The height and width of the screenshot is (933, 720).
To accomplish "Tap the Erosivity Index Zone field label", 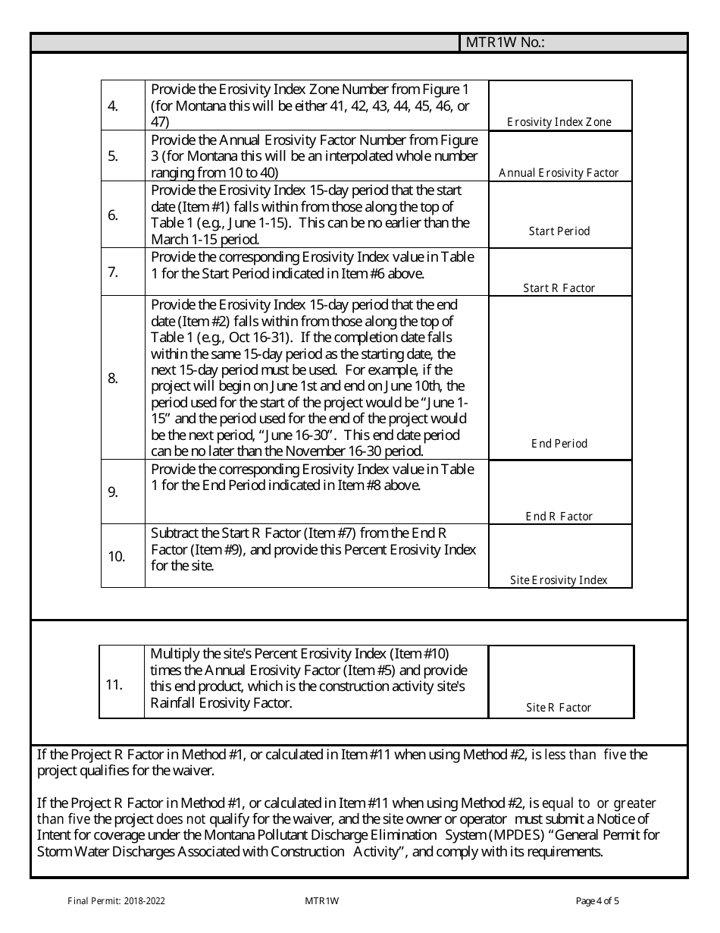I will click(x=559, y=122).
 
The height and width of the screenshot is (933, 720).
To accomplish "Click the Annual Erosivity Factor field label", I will click(x=559, y=173).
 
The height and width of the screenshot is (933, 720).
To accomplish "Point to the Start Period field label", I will click(x=559, y=231).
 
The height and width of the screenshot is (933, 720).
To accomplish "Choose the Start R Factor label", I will click(x=559, y=288).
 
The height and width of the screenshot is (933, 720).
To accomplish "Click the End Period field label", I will click(x=559, y=444).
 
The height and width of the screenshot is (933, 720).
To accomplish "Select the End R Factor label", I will click(x=559, y=517).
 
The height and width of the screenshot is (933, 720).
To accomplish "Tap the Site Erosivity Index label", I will click(x=559, y=580).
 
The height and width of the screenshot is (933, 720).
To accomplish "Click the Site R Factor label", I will click(x=559, y=708).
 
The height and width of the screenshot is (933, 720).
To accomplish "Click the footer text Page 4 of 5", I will click(x=597, y=901).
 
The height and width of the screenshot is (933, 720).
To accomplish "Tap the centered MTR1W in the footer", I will click(x=321, y=901).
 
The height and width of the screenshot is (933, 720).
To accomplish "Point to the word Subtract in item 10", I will click(x=175, y=533).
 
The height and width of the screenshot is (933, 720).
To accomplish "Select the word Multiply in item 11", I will click(x=175, y=654).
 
